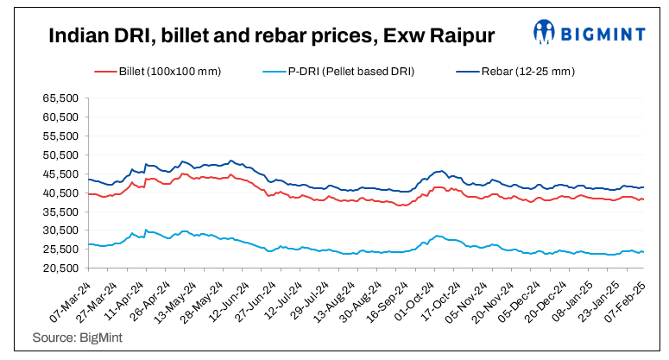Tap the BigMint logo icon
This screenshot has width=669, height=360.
(544, 33)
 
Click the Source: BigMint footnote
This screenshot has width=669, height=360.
(77, 338)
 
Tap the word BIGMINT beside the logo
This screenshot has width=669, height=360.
(603, 33)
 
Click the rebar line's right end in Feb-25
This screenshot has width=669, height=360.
(643, 187)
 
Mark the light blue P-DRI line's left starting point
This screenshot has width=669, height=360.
(89, 244)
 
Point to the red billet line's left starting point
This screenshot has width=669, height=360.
(89, 194)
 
